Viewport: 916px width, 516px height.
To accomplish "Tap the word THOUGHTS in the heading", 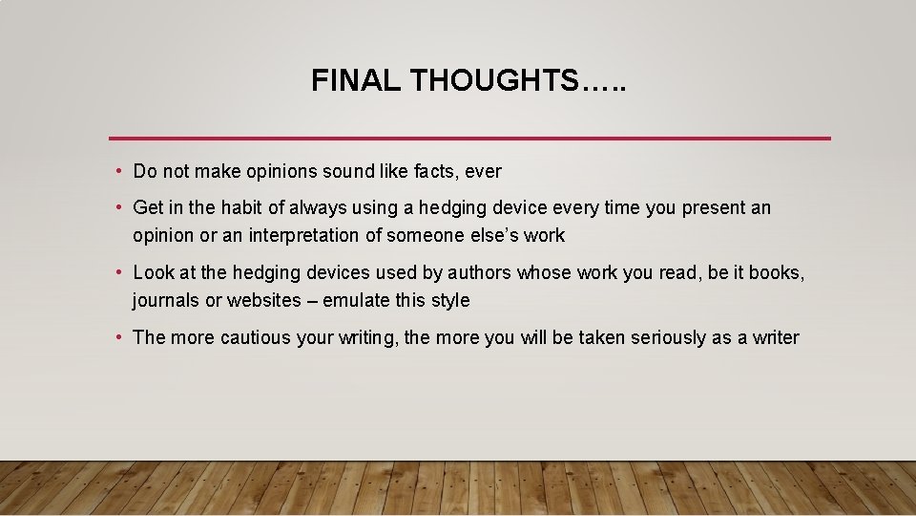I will [x=494, y=81].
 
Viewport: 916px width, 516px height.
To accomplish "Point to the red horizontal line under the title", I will [x=469, y=139].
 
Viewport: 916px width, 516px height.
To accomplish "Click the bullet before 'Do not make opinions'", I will [x=116, y=172].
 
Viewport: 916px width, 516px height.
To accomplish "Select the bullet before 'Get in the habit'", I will [x=116, y=208].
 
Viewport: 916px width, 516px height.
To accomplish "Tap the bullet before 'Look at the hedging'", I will [x=116, y=273].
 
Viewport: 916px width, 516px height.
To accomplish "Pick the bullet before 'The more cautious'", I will [x=116, y=337].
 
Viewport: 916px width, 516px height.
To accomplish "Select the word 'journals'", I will [x=166, y=300].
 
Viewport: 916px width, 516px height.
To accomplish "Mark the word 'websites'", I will [x=265, y=300].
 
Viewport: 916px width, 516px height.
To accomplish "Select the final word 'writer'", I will [x=775, y=337].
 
